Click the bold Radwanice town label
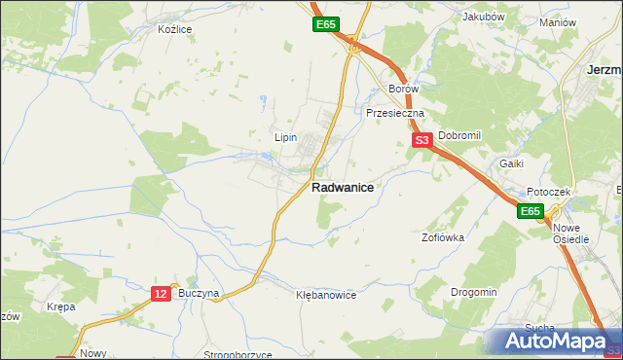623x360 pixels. click(342, 188)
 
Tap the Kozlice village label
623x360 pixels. click(175, 29)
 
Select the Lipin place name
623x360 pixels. click(285, 137)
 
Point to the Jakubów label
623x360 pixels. click(483, 17)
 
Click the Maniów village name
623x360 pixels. click(558, 22)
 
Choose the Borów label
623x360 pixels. click(403, 89)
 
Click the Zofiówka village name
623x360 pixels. click(442, 236)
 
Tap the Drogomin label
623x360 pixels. click(474, 292)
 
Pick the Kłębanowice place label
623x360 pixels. click(326, 294)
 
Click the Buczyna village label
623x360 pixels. click(201, 292)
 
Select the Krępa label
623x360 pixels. click(60, 306)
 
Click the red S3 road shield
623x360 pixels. click(422, 141)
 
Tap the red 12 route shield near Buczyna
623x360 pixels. click(162, 293)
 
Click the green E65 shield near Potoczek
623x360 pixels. click(529, 211)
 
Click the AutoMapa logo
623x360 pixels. click(558, 342)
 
